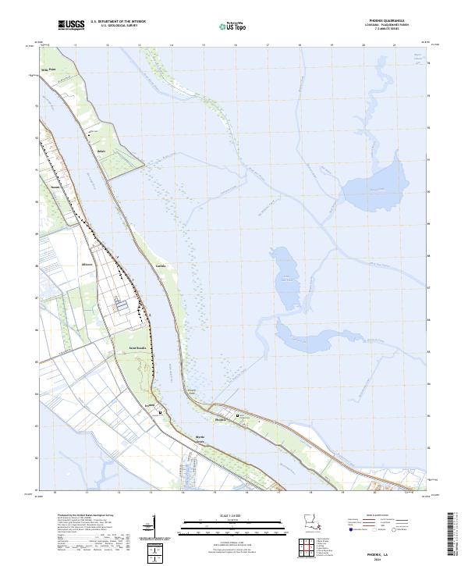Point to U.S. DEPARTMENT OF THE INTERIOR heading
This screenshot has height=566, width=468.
118,23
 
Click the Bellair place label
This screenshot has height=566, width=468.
101,150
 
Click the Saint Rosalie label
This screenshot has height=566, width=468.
128,347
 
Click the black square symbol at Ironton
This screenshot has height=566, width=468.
160,411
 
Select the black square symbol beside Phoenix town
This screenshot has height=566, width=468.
238,413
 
